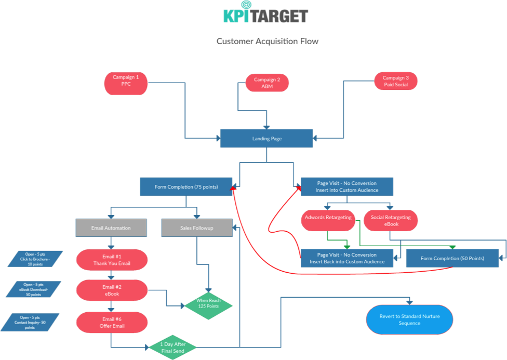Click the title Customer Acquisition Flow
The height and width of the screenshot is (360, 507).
pyautogui.click(x=268, y=42)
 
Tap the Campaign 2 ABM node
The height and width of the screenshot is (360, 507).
pyautogui.click(x=267, y=83)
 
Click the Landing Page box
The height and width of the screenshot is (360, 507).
pyautogui.click(x=266, y=139)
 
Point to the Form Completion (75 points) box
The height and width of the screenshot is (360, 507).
pyautogui.click(x=186, y=186)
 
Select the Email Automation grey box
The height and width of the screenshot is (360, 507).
pyautogui.click(x=111, y=228)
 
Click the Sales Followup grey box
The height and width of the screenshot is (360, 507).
pyautogui.click(x=196, y=228)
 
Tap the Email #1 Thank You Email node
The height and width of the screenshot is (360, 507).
pyautogui.click(x=112, y=260)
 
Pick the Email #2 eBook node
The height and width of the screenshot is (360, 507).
pyautogui.click(x=112, y=290)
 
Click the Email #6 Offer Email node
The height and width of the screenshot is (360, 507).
pyautogui.click(x=112, y=322)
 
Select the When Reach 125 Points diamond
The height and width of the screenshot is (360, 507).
pyautogui.click(x=208, y=303)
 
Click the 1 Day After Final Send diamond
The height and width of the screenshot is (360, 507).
pyautogui.click(x=172, y=347)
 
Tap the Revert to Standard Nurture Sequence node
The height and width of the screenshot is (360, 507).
pyautogui.click(x=409, y=319)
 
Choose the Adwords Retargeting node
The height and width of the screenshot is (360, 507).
pyautogui.click(x=328, y=218)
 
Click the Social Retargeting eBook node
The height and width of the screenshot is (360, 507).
pyautogui.click(x=391, y=220)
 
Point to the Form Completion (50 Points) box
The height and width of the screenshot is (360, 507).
pyautogui.click(x=452, y=258)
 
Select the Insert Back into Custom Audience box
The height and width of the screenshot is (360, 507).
pyautogui.click(x=346, y=258)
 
